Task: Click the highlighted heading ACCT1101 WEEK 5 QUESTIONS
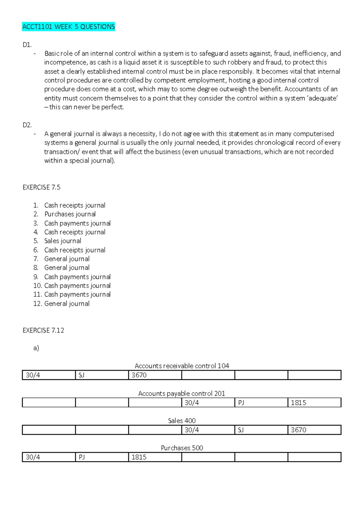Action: coord(69,27)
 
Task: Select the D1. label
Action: coord(27,45)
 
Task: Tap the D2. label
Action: coord(27,125)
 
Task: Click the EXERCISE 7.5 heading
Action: coord(41,188)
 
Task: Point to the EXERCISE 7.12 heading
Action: coord(43,330)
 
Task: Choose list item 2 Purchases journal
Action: coord(70,214)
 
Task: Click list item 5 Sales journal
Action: coord(63,241)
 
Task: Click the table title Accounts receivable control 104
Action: coord(182,366)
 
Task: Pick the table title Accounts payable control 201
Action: coord(181,394)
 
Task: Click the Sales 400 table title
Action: coord(181,421)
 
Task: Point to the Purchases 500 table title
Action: coord(182,448)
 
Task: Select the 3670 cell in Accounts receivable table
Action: coord(155,375)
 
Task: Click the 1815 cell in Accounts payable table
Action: coord(314,403)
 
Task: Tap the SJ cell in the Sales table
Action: coord(261,430)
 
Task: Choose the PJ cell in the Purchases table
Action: coord(102,457)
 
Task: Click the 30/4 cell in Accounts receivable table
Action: coord(48,375)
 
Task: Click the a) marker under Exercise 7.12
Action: coord(36,348)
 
